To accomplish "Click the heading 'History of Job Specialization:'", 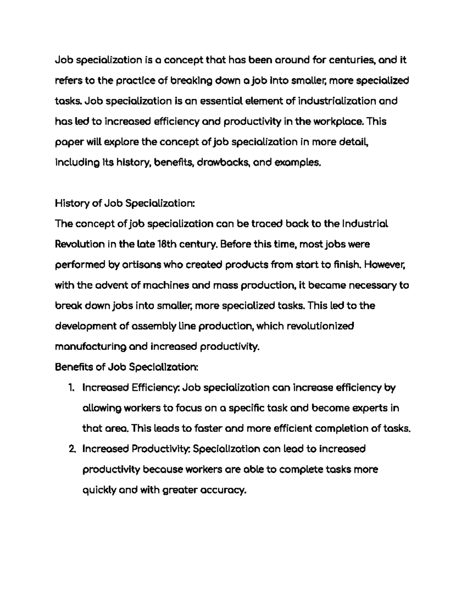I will tap(125, 204).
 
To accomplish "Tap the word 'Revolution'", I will tap(80, 245).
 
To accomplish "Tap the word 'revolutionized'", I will tap(320, 326).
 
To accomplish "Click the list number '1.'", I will tap(71, 388).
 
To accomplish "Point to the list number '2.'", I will tap(71, 449).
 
